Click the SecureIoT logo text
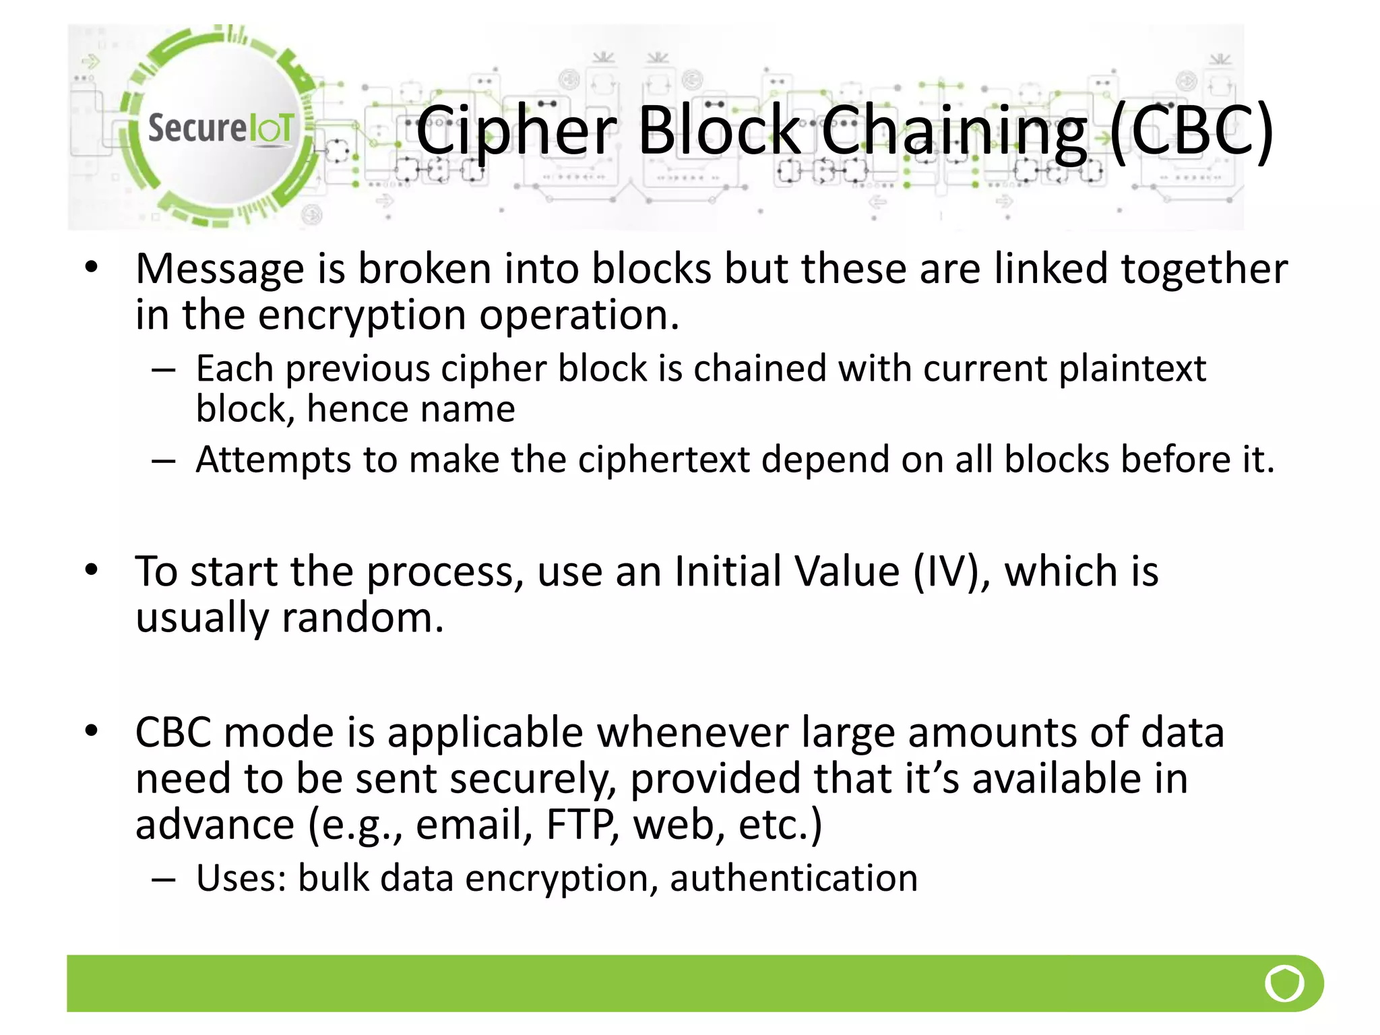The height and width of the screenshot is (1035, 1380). [220, 127]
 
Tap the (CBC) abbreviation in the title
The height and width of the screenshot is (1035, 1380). [1191, 131]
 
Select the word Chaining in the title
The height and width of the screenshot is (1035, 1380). [954, 131]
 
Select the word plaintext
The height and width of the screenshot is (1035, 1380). [1132, 369]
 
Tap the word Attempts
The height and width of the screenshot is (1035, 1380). [273, 460]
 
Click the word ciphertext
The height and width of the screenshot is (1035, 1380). [664, 460]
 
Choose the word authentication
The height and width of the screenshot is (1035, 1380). [794, 879]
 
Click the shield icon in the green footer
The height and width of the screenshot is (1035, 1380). [1284, 983]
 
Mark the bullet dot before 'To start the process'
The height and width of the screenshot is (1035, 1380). [92, 571]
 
